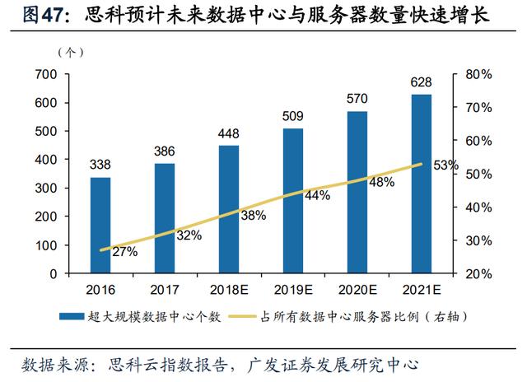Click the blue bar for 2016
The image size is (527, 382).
(x=100, y=225)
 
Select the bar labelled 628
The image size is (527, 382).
(x=422, y=184)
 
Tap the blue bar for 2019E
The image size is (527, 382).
(x=293, y=201)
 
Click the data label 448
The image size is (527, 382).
(x=229, y=133)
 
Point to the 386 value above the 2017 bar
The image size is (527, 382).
(x=165, y=151)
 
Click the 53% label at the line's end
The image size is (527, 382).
(x=446, y=165)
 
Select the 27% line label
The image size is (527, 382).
(x=125, y=252)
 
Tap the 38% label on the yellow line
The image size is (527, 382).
(x=254, y=216)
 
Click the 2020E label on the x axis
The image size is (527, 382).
(x=357, y=290)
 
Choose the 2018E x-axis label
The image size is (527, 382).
(x=229, y=290)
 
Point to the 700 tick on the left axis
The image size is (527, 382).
(x=46, y=74)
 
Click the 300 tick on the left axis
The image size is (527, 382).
(x=46, y=189)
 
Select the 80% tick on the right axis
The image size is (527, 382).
(x=478, y=74)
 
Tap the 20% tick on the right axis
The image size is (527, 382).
(x=478, y=274)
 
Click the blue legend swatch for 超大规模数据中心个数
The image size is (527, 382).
(x=72, y=316)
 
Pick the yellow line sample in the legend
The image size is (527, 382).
(x=242, y=316)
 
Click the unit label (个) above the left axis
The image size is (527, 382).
(x=71, y=53)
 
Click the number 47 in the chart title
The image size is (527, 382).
(x=53, y=15)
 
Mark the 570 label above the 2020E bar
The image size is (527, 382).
(x=357, y=99)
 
